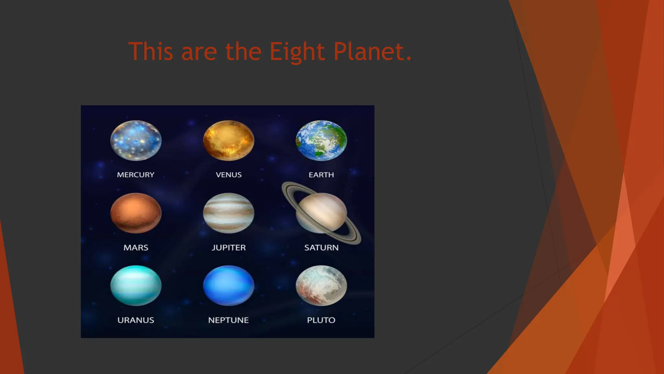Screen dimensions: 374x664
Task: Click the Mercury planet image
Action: [x=136, y=141]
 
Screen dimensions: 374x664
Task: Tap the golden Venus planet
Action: [x=229, y=141]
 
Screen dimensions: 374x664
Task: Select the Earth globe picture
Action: [x=321, y=141]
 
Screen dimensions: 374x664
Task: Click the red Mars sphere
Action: [x=136, y=213]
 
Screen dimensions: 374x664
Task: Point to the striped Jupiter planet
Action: [x=229, y=213]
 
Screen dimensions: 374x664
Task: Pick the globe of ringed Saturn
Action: [x=321, y=213]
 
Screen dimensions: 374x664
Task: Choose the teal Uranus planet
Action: [x=136, y=285]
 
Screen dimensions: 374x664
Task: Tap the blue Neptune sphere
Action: [x=229, y=285]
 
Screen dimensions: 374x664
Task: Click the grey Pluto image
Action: [x=321, y=285]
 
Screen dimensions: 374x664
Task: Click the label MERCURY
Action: [x=136, y=175]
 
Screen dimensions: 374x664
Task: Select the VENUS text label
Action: [x=229, y=175]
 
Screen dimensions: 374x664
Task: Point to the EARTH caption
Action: [x=321, y=175]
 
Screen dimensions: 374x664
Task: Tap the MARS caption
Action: [x=136, y=248]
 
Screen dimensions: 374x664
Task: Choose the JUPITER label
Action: [x=229, y=248]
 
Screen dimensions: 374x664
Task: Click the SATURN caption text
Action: [x=321, y=248]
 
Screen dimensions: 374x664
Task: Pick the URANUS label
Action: [x=136, y=320]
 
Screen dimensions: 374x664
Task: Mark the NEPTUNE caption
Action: [x=228, y=320]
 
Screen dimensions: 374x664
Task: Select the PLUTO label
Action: [x=321, y=320]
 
